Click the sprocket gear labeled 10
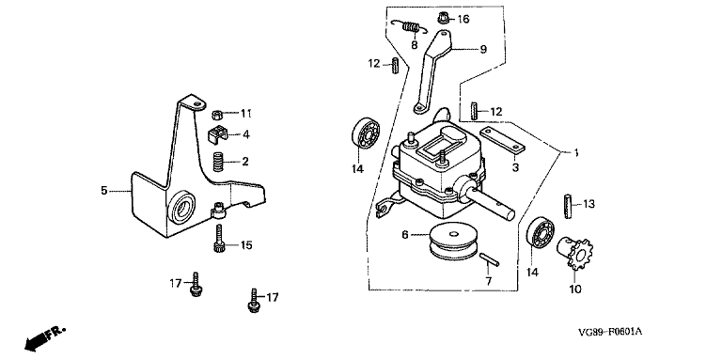tap(575, 252)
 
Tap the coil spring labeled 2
tap(218, 162)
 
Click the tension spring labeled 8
tap(410, 27)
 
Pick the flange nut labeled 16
tap(443, 19)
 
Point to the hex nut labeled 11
tap(217, 114)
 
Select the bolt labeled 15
tap(219, 238)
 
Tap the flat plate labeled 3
tap(502, 140)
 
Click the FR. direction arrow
tap(45, 337)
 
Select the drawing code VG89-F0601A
tap(610, 332)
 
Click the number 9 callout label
tap(483, 49)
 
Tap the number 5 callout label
tap(104, 190)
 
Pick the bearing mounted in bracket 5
tap(182, 209)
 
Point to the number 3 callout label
tap(515, 166)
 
